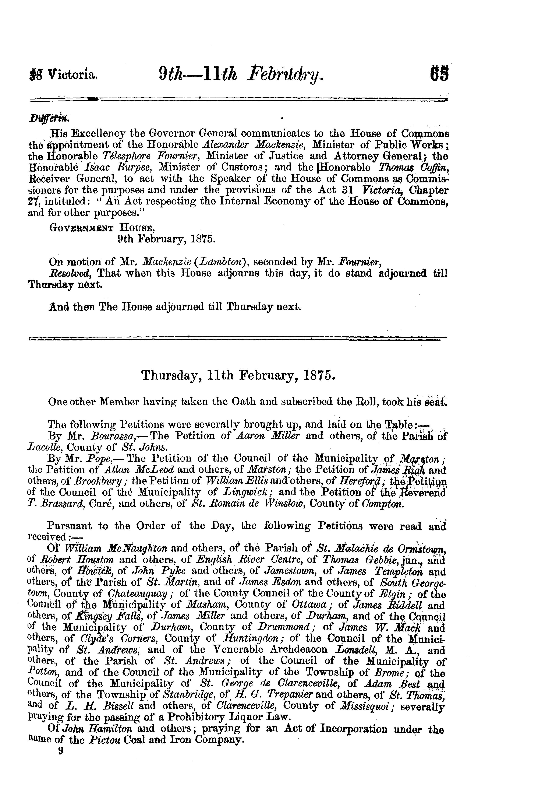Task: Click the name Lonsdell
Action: (357, 650)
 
